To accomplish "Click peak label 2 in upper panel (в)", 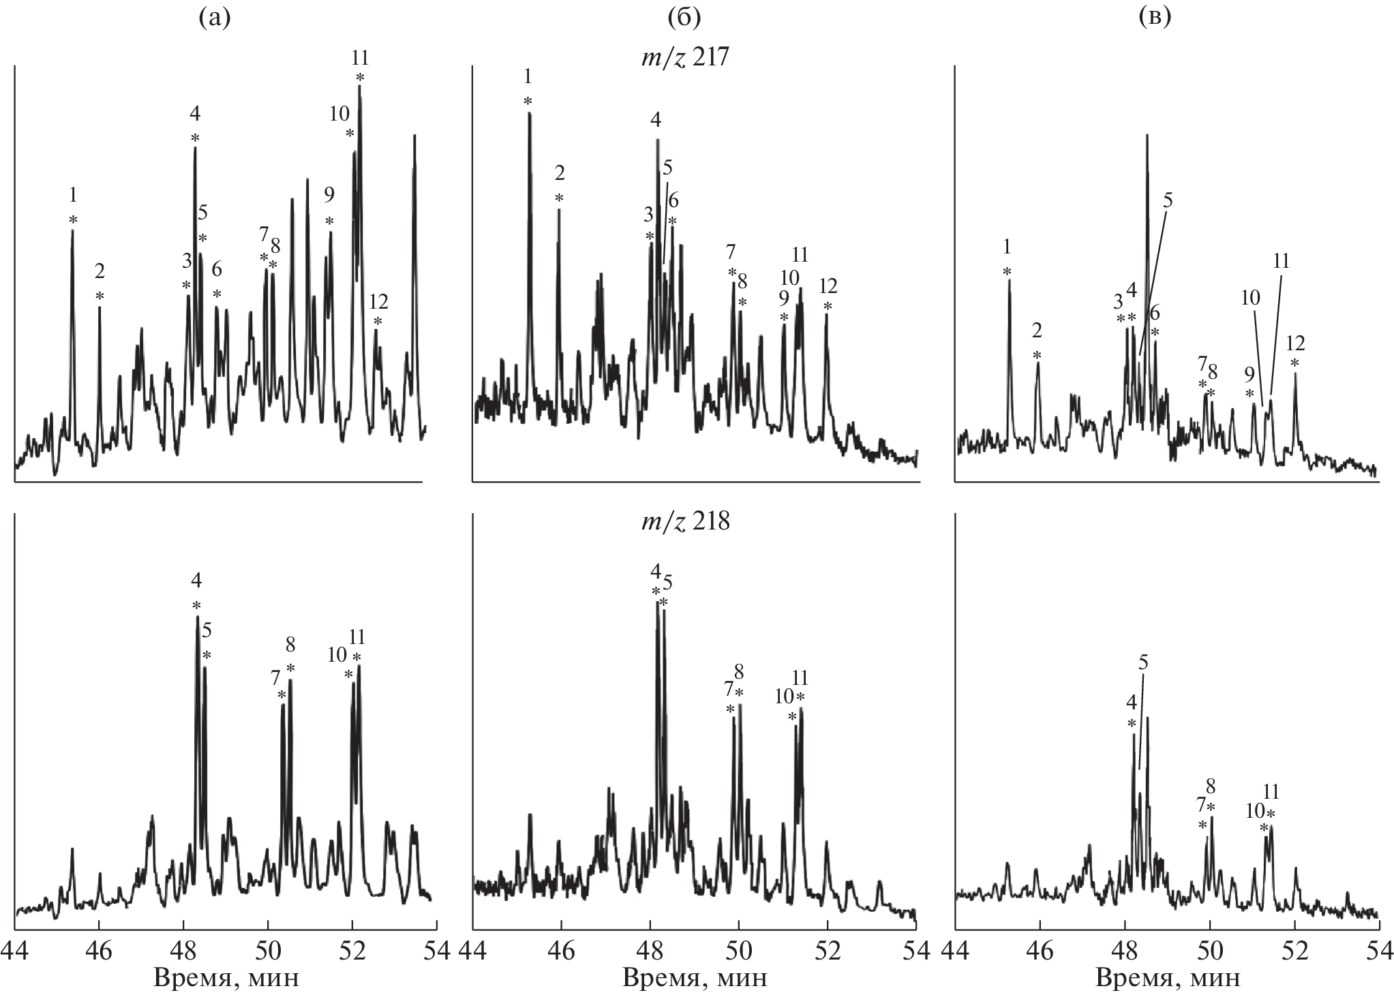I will pos(1037,331).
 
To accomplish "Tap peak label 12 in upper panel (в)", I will pos(1295,342).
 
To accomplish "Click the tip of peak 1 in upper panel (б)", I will pos(529,113).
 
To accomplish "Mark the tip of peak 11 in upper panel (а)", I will pos(359,86).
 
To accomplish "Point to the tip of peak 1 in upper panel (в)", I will pos(1009,280).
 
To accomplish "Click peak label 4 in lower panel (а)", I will pos(196,581).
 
